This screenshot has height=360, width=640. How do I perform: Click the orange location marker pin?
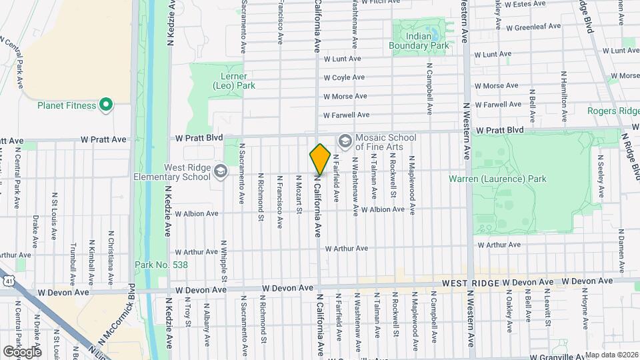click(x=320, y=159)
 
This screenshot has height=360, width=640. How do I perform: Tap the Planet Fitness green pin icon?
click(x=105, y=105)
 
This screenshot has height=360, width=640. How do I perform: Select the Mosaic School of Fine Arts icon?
click(x=345, y=141)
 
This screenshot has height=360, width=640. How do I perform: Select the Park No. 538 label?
click(x=162, y=265)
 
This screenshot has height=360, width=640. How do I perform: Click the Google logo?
click(x=22, y=351)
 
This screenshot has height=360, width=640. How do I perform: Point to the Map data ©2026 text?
click(x=611, y=355)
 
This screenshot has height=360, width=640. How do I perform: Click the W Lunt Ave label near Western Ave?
click(x=493, y=54)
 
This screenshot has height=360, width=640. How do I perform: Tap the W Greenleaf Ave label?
click(x=534, y=27)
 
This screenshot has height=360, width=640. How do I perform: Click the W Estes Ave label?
click(x=527, y=4)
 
